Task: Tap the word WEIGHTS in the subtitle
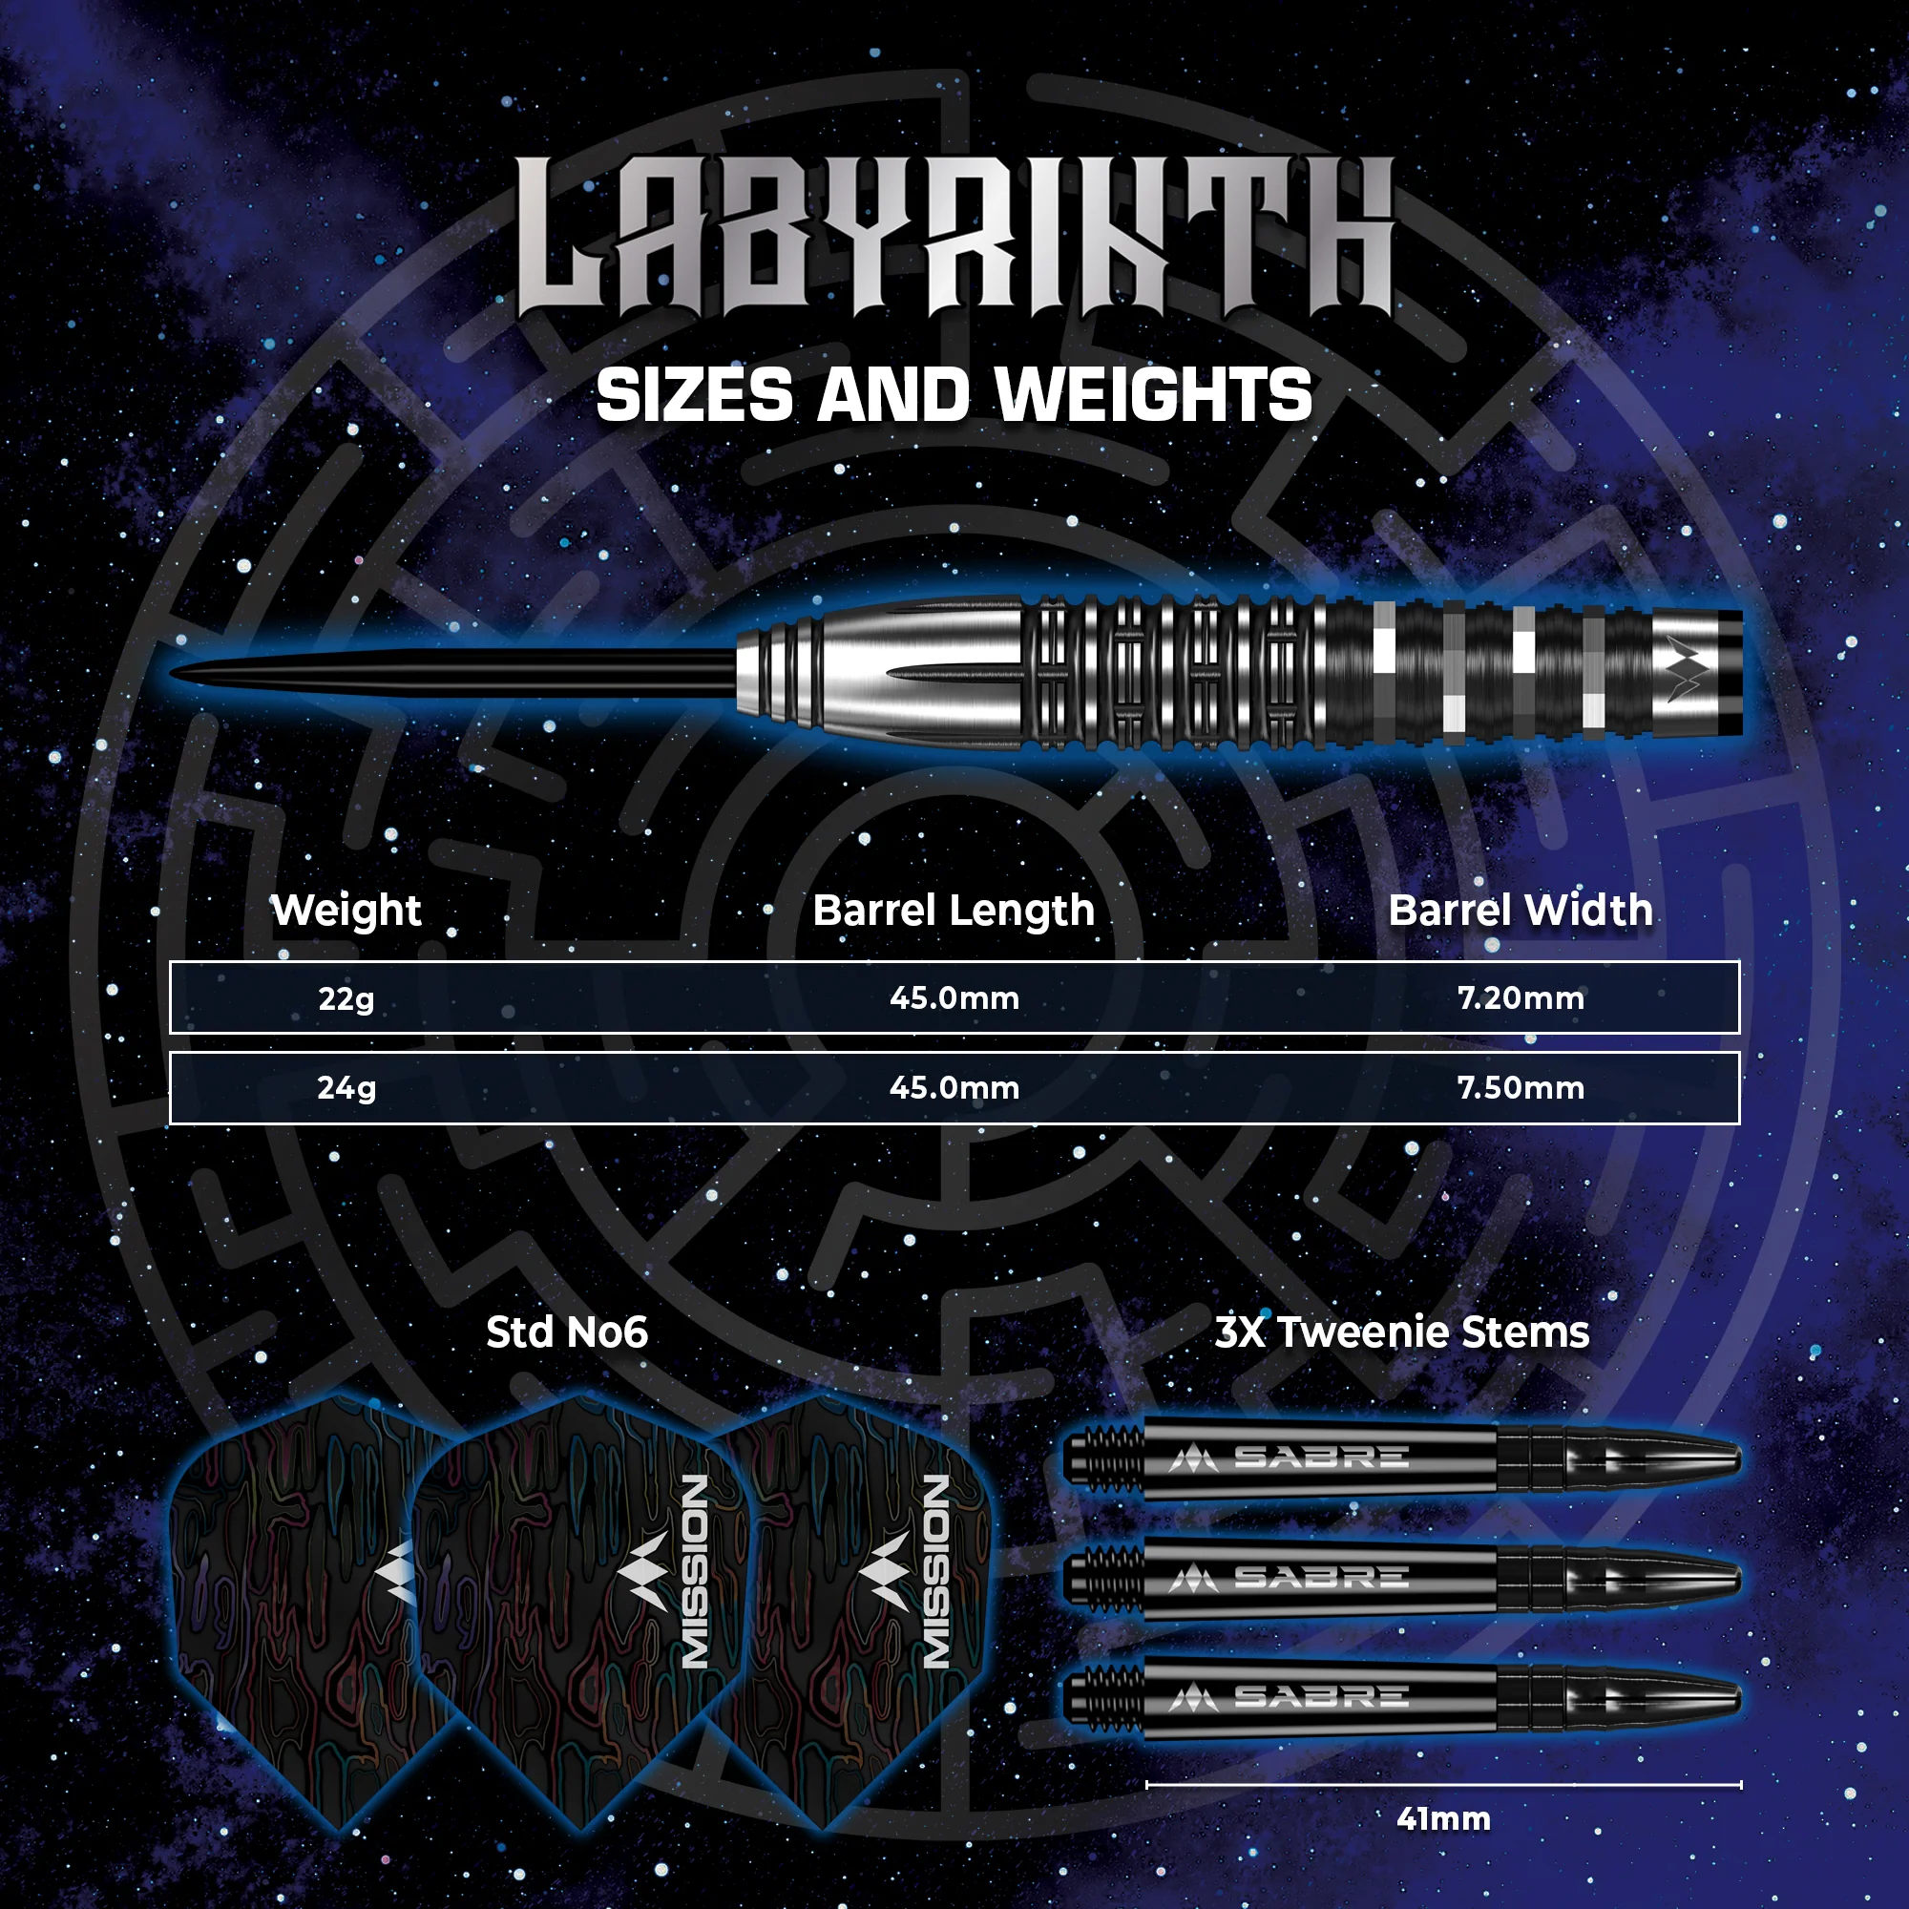coord(1153,396)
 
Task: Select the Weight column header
coord(346,911)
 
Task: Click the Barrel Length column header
coord(954,911)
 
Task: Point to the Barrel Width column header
coord(1521,910)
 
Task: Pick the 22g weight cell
coord(346,999)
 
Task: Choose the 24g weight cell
coord(346,1089)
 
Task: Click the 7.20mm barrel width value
coord(1521,998)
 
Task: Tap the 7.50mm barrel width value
coord(1521,1088)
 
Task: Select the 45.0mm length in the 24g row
coord(954,1088)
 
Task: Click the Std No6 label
coord(567,1332)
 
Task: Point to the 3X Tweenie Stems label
coord(1402,1332)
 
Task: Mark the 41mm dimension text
coord(1443,1819)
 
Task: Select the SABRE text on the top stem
coord(1321,1458)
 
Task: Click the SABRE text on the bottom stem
coord(1321,1697)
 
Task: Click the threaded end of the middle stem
coord(1105,1578)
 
